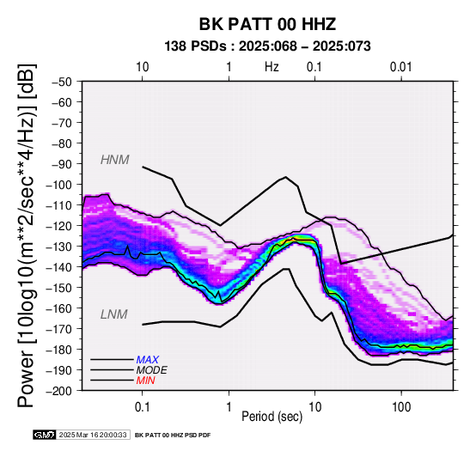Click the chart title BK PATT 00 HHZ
[267, 24]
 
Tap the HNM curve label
[115, 160]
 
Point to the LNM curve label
[113, 314]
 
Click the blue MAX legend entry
[147, 360]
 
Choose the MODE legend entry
[151, 370]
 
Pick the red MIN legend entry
[146, 381]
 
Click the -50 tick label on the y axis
[62, 82]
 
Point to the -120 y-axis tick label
[59, 226]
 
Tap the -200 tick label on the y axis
[59, 391]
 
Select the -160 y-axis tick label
[59, 308]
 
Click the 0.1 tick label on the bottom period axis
[142, 406]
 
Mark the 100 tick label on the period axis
[401, 406]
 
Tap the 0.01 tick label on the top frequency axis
[401, 67]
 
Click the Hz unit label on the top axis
[272, 67]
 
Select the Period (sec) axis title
[272, 417]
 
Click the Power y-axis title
[27, 235]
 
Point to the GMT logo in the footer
[45, 435]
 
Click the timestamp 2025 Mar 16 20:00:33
[93, 435]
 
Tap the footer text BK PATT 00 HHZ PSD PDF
[173, 436]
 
